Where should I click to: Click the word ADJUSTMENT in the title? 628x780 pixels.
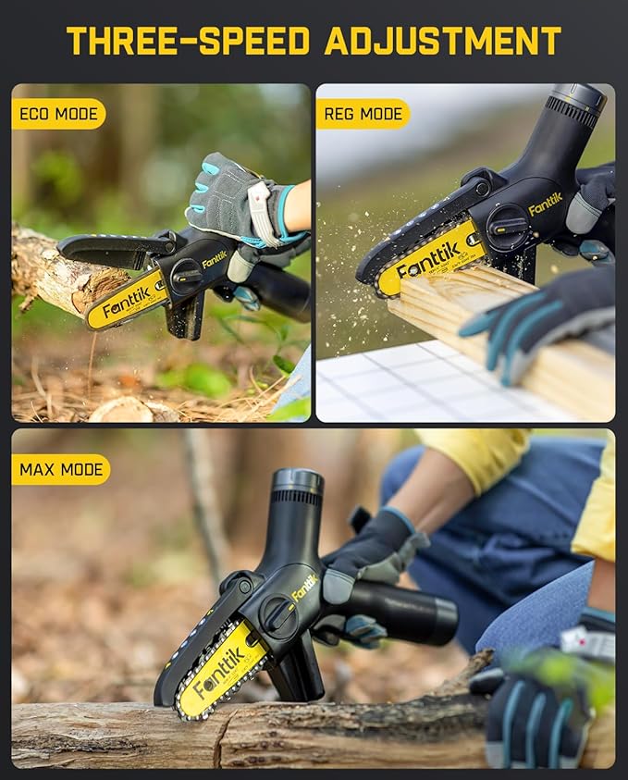443,41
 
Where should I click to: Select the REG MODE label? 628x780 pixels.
363,115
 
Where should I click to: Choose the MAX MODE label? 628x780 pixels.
61,469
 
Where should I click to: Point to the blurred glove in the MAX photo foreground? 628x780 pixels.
546,703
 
